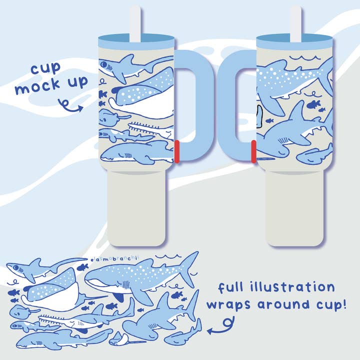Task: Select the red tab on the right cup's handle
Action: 253,151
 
